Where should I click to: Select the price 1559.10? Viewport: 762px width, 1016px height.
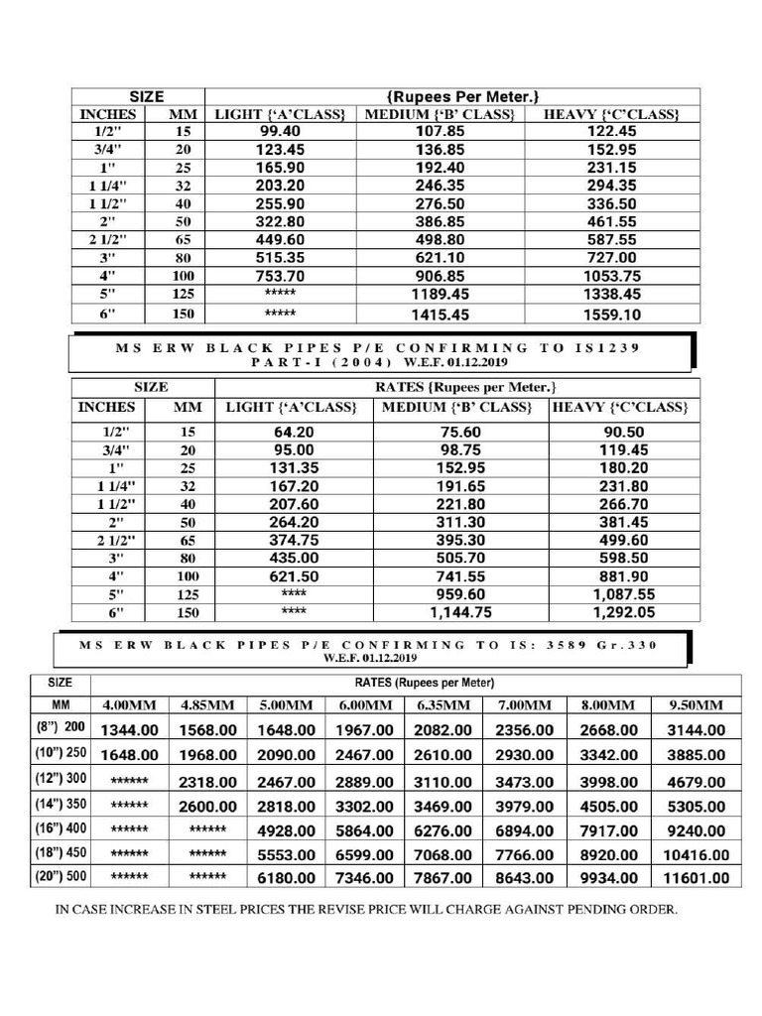(611, 315)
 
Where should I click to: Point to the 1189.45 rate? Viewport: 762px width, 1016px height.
(441, 295)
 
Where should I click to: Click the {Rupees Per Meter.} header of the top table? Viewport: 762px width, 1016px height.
(463, 96)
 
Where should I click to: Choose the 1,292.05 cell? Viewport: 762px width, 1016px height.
(624, 613)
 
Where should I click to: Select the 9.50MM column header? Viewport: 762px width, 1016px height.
(697, 705)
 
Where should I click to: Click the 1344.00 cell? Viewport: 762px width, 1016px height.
(129, 730)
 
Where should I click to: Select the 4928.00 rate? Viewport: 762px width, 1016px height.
(286, 830)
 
